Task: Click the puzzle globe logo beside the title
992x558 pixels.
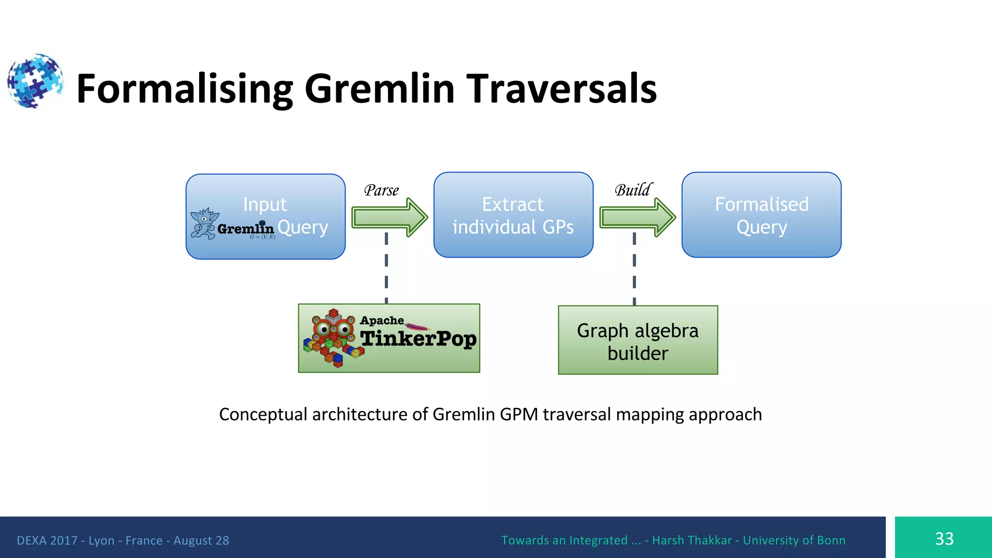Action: (x=35, y=81)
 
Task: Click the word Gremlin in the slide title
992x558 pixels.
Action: (x=379, y=89)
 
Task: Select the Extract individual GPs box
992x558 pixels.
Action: (x=513, y=215)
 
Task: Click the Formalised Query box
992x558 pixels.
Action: (x=761, y=215)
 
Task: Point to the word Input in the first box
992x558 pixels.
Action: (x=265, y=204)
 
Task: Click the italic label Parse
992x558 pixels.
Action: (x=381, y=190)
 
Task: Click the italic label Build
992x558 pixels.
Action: (x=633, y=190)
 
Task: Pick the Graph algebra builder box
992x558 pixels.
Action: (x=637, y=341)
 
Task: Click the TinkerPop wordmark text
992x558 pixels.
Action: (x=418, y=339)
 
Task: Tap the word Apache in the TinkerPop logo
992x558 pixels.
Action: (x=382, y=321)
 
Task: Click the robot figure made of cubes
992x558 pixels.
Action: (x=333, y=338)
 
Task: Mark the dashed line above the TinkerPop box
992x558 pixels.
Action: (x=386, y=269)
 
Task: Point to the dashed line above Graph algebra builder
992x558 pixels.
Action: (x=634, y=269)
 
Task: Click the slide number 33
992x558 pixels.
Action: (x=944, y=539)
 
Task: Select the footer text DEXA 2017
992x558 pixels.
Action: (x=47, y=541)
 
